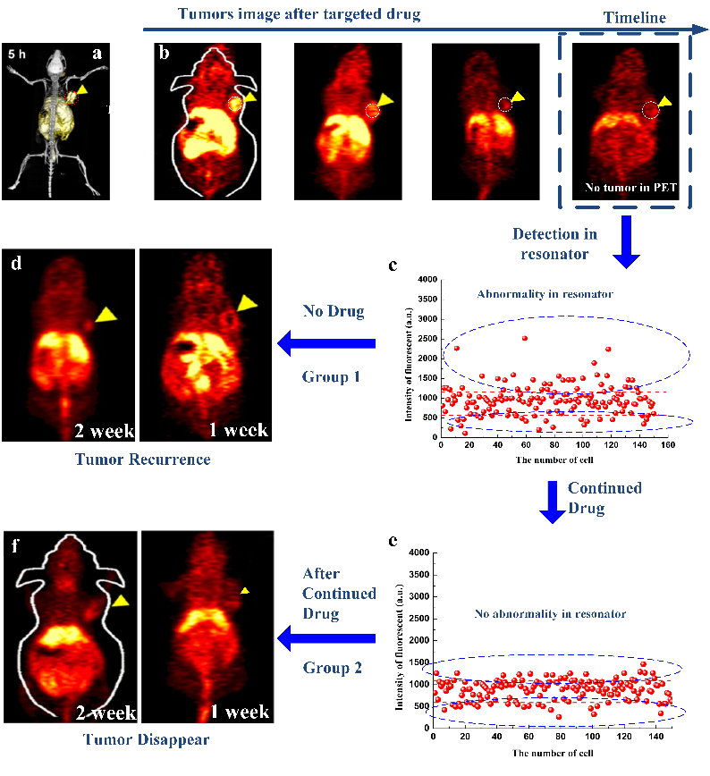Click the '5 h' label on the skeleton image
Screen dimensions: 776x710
pyautogui.click(x=17, y=54)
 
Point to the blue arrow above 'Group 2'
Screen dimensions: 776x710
pyautogui.click(x=325, y=637)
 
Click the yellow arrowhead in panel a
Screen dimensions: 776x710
pyautogui.click(x=81, y=90)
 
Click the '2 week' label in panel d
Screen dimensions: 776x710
pyautogui.click(x=106, y=431)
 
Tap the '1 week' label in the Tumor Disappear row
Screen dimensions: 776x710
pyautogui.click(x=234, y=712)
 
